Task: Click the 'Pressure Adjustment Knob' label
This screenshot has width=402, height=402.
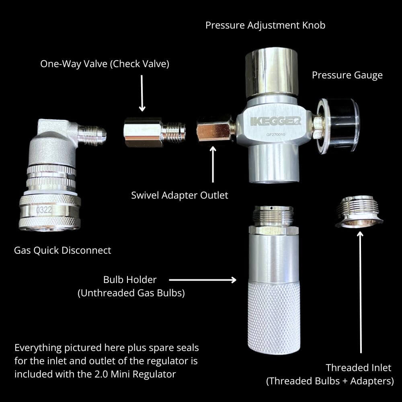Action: [x=265, y=25]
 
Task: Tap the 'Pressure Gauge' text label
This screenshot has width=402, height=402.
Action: [x=347, y=75]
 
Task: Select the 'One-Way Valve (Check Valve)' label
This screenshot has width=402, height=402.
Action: [x=105, y=64]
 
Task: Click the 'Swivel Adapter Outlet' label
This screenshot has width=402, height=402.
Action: [x=179, y=195]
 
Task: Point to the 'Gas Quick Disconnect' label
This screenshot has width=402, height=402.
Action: [x=62, y=250]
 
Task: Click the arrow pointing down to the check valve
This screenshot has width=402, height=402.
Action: [x=142, y=92]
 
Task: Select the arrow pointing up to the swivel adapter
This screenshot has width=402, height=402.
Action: [x=213, y=165]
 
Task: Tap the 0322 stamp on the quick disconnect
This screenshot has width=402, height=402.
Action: [x=44, y=209]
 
